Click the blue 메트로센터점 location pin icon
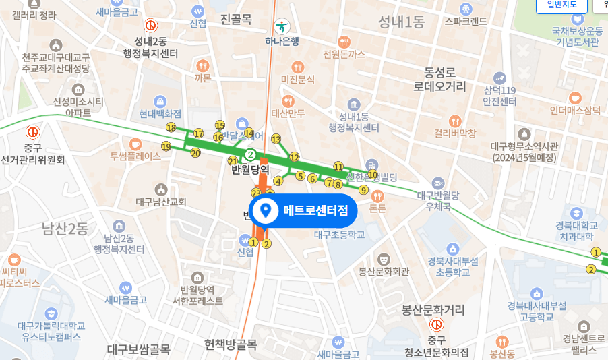click(x=266, y=211)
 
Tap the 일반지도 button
click(x=561, y=5)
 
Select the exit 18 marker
click(x=171, y=127)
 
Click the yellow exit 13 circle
click(x=276, y=139)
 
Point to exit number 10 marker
click(x=372, y=175)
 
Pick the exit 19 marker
click(x=166, y=146)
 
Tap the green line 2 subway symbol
click(x=250, y=154)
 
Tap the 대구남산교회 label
click(x=160, y=201)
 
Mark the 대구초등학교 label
click(x=339, y=235)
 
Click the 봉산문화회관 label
click(x=384, y=271)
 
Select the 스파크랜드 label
click(x=465, y=21)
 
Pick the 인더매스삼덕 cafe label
click(x=575, y=110)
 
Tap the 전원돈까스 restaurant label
click(x=344, y=53)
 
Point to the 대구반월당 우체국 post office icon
click(x=438, y=183)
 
